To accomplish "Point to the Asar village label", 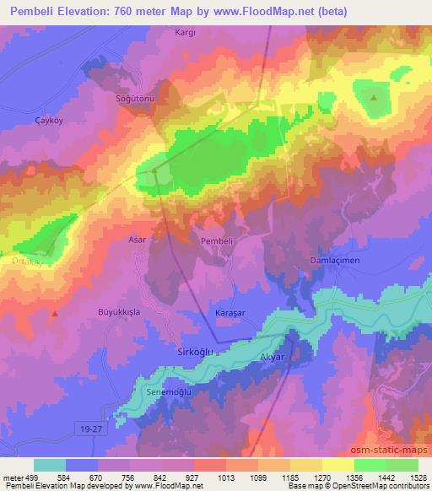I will click(137, 240).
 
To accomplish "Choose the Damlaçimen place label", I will click(335, 261).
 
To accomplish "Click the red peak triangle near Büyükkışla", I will click(55, 313).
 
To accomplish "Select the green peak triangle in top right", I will click(374, 97).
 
